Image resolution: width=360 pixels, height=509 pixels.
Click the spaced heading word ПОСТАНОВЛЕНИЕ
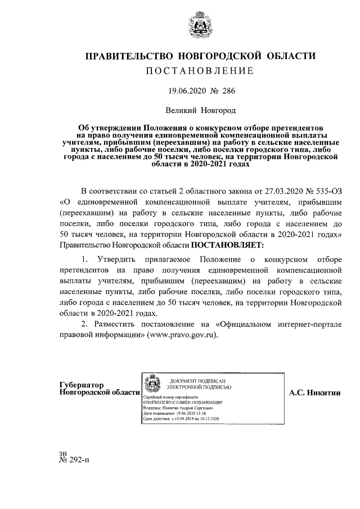point(200,71)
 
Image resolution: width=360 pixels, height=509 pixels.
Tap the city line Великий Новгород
point(201,111)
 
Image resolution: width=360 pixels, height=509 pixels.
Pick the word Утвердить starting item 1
point(120,259)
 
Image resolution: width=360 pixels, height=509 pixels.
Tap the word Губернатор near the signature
point(82,385)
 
